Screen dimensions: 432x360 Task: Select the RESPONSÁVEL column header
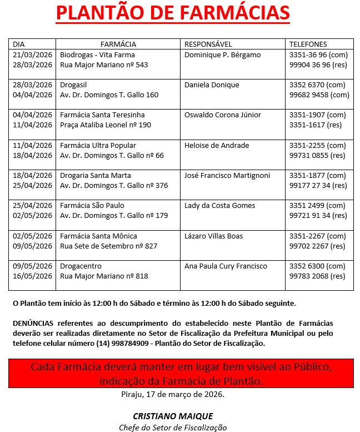[208, 44]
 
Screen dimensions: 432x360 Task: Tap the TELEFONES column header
[308, 44]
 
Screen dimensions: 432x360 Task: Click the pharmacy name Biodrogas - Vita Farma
[97, 55]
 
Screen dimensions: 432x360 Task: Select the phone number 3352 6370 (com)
[318, 85]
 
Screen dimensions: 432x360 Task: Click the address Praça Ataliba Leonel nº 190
[106, 125]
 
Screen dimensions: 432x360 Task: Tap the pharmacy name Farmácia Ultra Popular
[98, 146]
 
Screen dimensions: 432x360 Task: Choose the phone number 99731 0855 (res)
[317, 156]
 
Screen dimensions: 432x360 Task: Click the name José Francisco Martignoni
[227, 176]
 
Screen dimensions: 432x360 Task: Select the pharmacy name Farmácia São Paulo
[92, 206]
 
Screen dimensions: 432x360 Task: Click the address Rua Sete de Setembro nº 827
[108, 246]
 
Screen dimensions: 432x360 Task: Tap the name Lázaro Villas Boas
[213, 236]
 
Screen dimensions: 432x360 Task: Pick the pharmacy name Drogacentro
[81, 266]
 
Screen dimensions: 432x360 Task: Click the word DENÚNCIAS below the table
[34, 323]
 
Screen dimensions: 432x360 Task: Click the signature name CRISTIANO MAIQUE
[173, 416]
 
